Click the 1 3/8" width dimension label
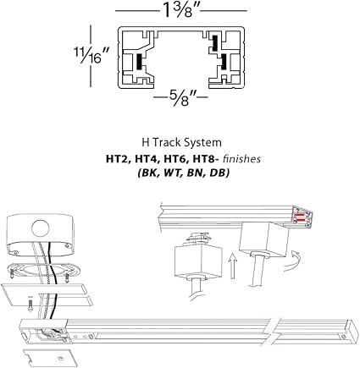click(181, 10)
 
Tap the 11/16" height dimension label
click(91, 55)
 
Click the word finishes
click(241, 159)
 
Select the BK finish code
click(147, 173)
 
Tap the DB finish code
click(219, 173)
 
